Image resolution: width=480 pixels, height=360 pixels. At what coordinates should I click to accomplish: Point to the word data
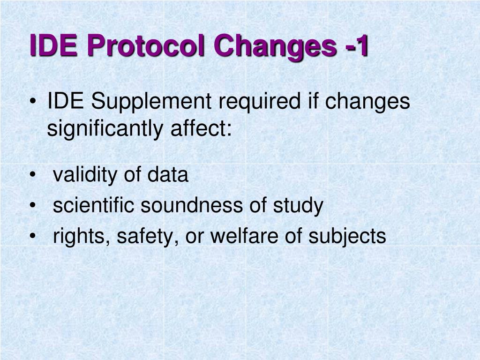(x=167, y=175)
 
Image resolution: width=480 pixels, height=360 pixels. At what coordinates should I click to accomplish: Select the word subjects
(x=347, y=237)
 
